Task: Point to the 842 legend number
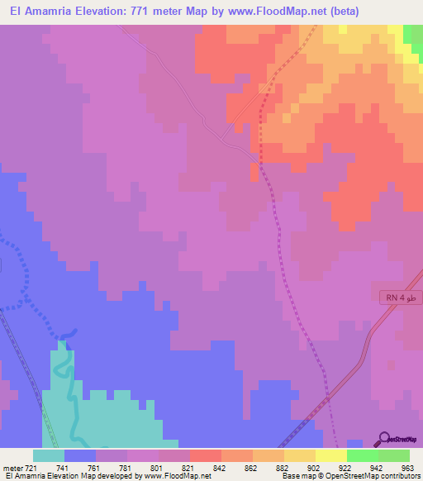click(220, 468)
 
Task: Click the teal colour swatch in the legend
click(49, 455)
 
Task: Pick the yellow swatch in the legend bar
click(299, 455)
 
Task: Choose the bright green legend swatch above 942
click(362, 455)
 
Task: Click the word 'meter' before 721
click(11, 468)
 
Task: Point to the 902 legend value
click(314, 468)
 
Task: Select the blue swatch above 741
click(80, 455)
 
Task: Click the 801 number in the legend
click(157, 468)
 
